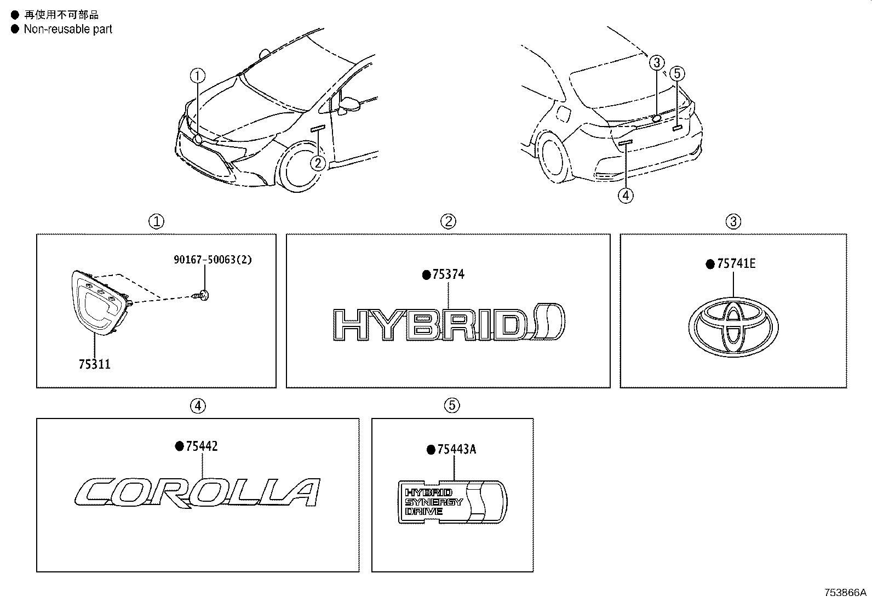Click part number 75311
point(94,364)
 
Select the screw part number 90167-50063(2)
point(213,260)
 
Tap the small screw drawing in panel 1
point(202,296)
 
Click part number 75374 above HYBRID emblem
point(448,274)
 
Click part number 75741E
point(736,264)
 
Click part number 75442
point(202,446)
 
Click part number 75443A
point(457,450)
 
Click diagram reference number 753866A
point(846,592)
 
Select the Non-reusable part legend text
point(67,30)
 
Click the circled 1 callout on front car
point(198,75)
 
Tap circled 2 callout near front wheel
point(318,163)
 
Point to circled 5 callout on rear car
point(677,73)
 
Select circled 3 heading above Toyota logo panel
point(733,221)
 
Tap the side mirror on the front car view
point(349,104)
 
